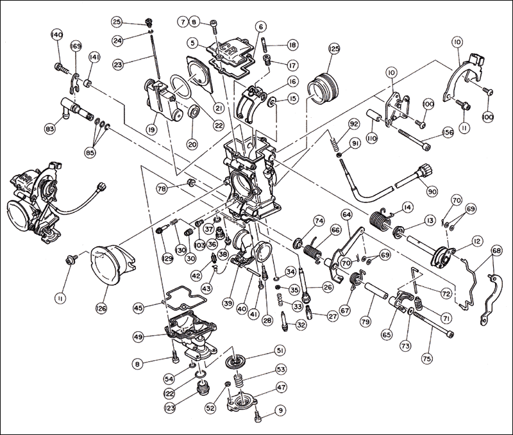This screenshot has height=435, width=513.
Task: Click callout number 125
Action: click(x=333, y=49)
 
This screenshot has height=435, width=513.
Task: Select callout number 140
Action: click(x=57, y=34)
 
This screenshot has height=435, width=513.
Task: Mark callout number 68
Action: click(x=496, y=249)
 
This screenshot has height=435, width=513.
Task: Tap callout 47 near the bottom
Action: click(x=281, y=387)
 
